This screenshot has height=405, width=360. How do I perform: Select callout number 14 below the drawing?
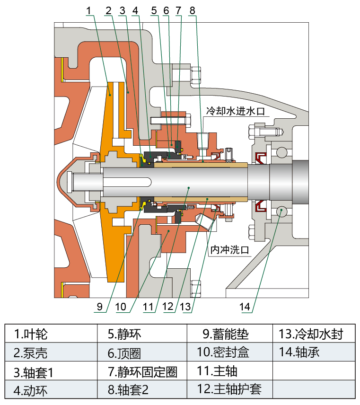coord(245,307)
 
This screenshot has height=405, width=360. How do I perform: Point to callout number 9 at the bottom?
coord(99,307)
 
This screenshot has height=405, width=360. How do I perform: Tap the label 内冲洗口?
coord(229,248)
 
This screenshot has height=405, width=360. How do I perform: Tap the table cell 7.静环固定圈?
coord(142,372)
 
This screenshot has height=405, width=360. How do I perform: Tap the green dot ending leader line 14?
coord(281,210)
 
